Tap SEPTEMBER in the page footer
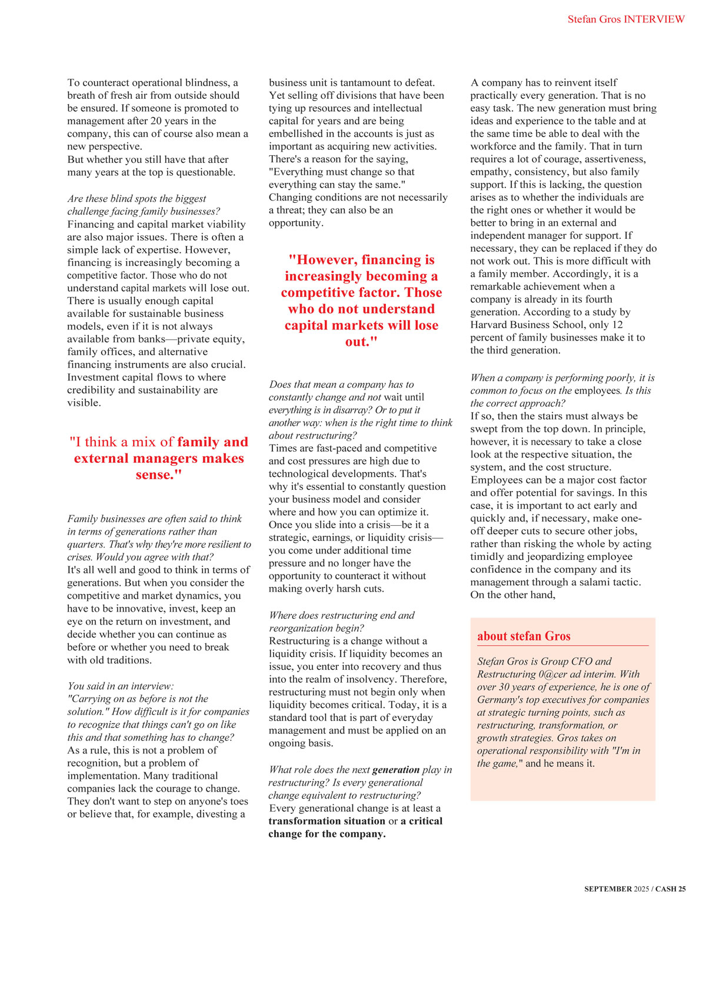click(608, 889)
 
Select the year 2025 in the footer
click(641, 889)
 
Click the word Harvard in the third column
click(488, 325)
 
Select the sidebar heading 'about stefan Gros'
click(524, 636)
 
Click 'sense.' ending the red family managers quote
click(159, 475)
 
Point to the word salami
click(595, 582)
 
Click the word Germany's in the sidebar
click(499, 700)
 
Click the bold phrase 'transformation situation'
click(327, 822)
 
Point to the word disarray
click(352, 410)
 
